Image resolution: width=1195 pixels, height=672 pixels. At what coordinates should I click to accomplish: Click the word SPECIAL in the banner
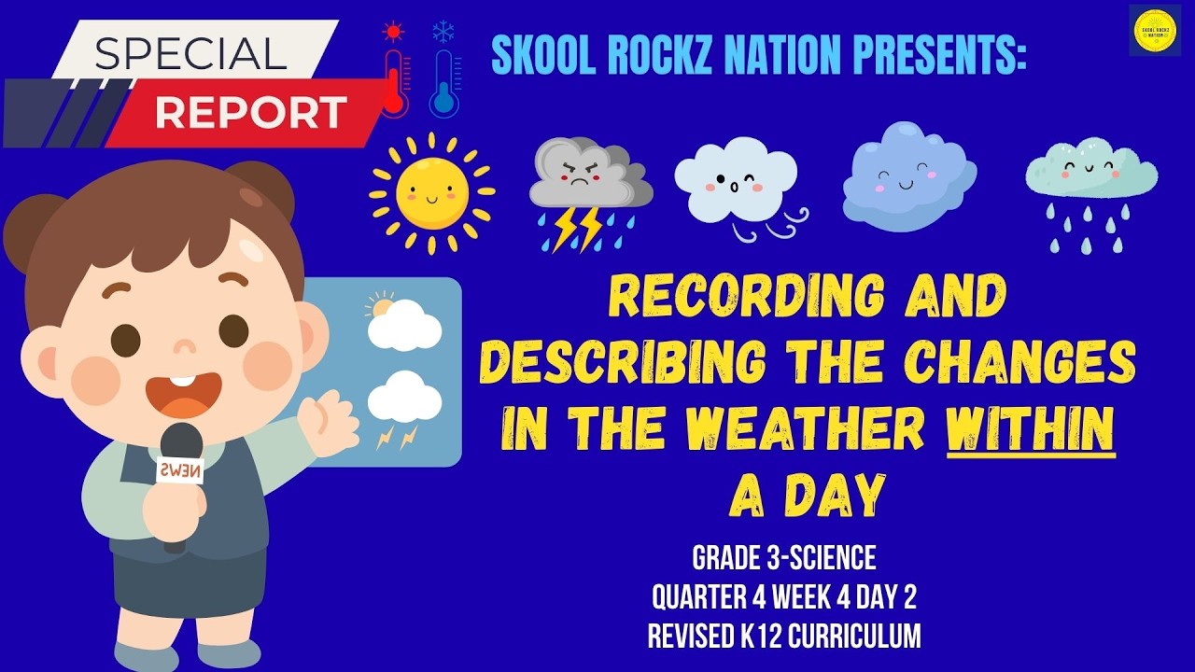click(x=190, y=54)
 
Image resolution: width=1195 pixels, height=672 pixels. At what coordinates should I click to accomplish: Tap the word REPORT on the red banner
click(x=250, y=113)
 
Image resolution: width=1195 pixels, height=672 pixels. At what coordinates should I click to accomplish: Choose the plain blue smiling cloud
click(x=907, y=175)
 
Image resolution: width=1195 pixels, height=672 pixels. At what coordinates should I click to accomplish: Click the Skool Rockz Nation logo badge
click(x=1155, y=30)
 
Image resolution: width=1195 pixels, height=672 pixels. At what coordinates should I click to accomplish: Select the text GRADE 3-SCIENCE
click(x=784, y=558)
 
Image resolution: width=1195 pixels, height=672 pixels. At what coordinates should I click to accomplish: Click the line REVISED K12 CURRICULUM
click(x=784, y=637)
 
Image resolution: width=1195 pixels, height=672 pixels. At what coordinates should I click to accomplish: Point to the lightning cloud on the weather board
click(x=403, y=407)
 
